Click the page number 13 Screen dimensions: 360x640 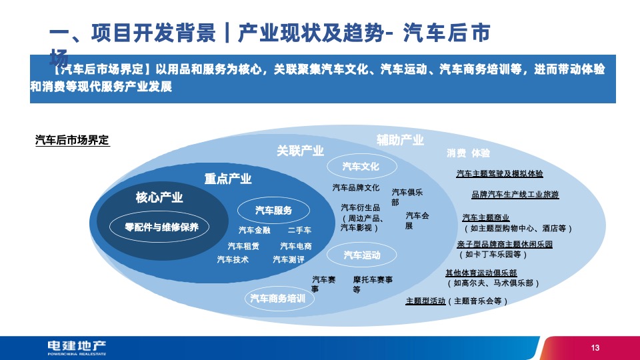pyautogui.click(x=595, y=348)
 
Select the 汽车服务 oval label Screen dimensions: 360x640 pyautogui.click(x=273, y=211)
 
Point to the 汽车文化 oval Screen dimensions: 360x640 pyautogui.click(x=361, y=165)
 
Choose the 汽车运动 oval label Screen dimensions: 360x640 pyautogui.click(x=362, y=255)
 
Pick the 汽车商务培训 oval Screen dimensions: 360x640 pyautogui.click(x=277, y=298)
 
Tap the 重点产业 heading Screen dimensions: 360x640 pyautogui.click(x=227, y=179)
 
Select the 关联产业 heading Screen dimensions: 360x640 pyautogui.click(x=300, y=151)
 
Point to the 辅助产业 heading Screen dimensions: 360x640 pyautogui.click(x=400, y=140)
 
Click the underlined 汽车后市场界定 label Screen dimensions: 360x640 pyautogui.click(x=71, y=141)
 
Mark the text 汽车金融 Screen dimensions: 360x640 pyautogui.click(x=254, y=231)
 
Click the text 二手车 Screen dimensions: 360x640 pyautogui.click(x=299, y=231)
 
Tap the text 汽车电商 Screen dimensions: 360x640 pyautogui.click(x=295, y=246)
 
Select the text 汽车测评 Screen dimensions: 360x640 pyautogui.click(x=289, y=259)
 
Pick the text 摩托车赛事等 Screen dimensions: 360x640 pyautogui.click(x=373, y=284)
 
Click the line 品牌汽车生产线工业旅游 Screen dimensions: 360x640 pyautogui.click(x=515, y=195)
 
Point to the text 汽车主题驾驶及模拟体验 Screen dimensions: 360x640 pyautogui.click(x=499, y=174)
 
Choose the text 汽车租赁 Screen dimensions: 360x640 pyautogui.click(x=243, y=246)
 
